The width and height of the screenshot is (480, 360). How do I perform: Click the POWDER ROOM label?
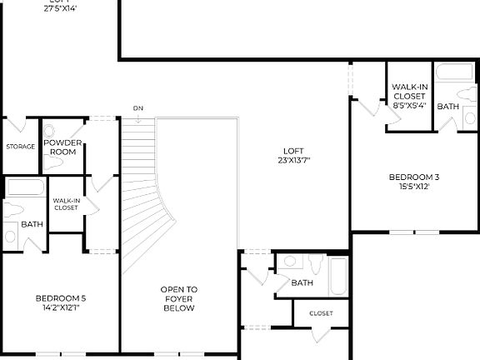pyautogui.click(x=62, y=147)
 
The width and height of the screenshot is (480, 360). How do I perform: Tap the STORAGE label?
pyautogui.click(x=21, y=147)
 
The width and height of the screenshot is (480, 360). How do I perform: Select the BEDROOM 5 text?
pyautogui.click(x=60, y=297)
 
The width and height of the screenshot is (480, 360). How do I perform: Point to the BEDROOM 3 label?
pyautogui.click(x=413, y=177)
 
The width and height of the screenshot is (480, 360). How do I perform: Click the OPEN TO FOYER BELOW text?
pyautogui.click(x=178, y=299)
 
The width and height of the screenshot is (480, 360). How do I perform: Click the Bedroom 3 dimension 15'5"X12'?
pyautogui.click(x=413, y=187)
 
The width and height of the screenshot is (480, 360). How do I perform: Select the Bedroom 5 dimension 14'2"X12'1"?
pyautogui.click(x=60, y=307)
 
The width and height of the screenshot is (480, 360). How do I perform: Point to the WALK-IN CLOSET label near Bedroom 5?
pyautogui.click(x=66, y=204)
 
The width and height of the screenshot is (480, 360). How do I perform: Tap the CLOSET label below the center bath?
pyautogui.click(x=321, y=313)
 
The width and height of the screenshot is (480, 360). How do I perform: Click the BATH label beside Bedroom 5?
pyautogui.click(x=32, y=224)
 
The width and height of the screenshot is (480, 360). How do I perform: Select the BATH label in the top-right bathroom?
pyautogui.click(x=447, y=106)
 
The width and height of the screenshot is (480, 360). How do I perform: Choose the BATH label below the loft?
pyautogui.click(x=302, y=283)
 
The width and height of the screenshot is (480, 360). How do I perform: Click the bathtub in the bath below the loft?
pyautogui.click(x=337, y=276)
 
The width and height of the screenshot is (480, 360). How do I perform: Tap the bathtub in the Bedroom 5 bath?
pyautogui.click(x=25, y=187)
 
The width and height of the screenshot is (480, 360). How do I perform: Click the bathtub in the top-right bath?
pyautogui.click(x=454, y=72)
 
